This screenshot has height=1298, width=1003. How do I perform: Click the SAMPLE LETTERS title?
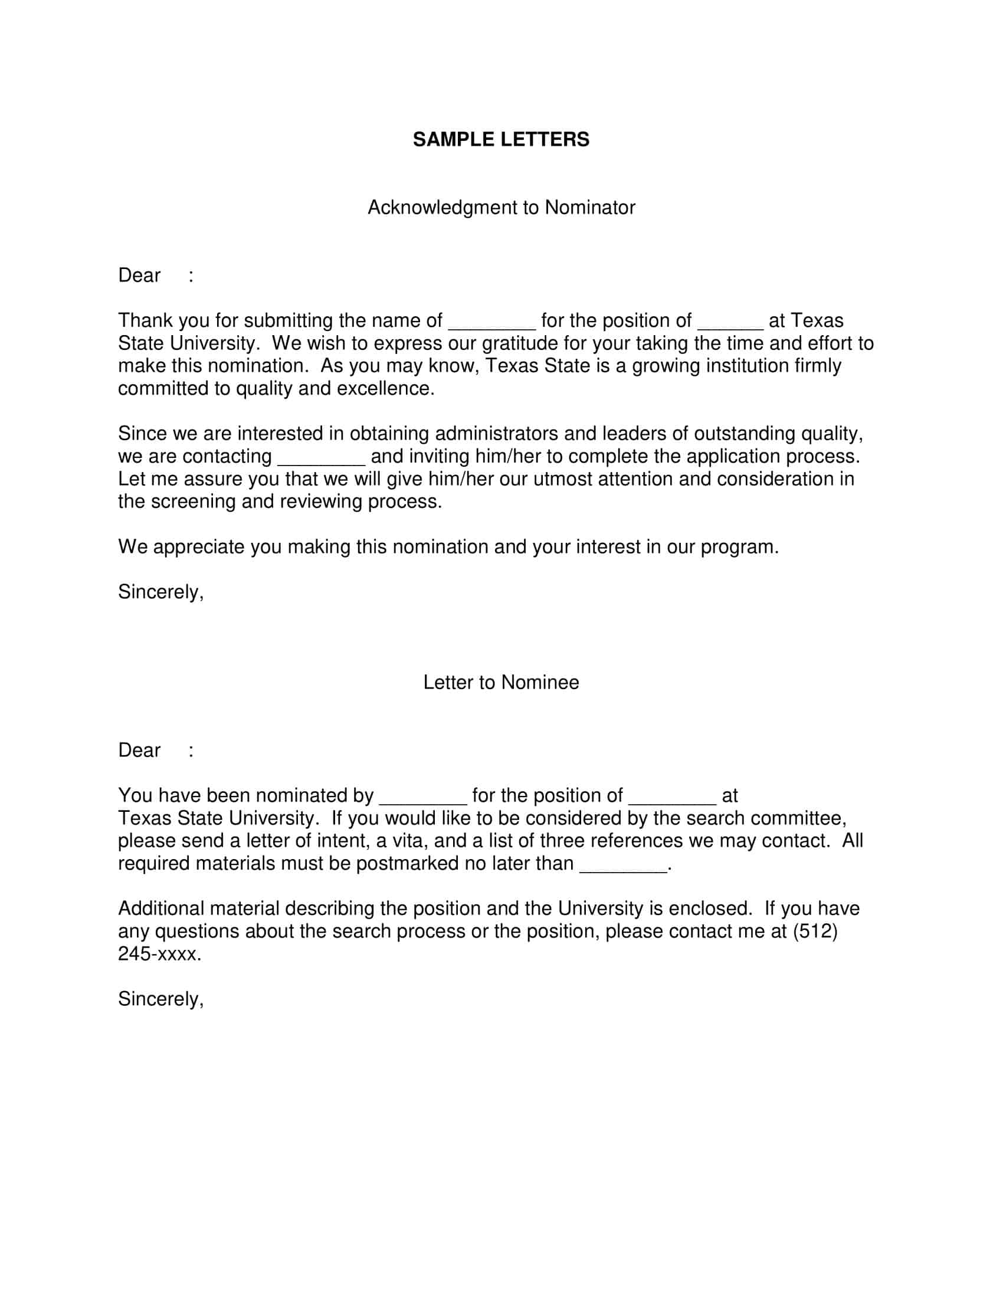pyautogui.click(x=501, y=140)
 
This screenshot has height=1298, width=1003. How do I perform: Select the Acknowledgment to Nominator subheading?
pyautogui.click(x=501, y=208)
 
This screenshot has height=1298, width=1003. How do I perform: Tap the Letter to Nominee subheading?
pyautogui.click(x=501, y=682)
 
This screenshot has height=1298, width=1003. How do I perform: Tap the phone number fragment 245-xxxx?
pyautogui.click(x=159, y=954)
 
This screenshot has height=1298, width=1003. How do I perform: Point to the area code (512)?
pyautogui.click(x=815, y=931)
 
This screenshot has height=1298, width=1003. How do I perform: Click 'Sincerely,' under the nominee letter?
pyautogui.click(x=160, y=999)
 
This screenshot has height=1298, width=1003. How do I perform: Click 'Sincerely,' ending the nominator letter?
pyautogui.click(x=160, y=592)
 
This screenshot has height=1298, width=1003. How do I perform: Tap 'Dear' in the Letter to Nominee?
pyautogui.click(x=139, y=750)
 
